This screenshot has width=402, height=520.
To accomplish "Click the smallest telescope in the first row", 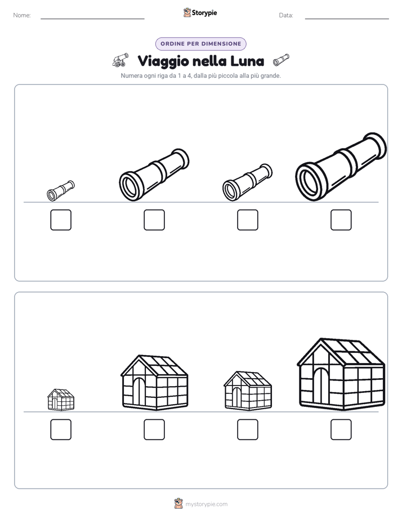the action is [x=61, y=191].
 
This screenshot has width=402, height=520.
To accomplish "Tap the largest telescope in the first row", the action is [x=341, y=167].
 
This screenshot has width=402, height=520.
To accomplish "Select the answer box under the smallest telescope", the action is [x=61, y=220].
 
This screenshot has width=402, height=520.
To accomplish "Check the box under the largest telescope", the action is [x=341, y=220].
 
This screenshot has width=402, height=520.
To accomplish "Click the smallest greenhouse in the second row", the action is [x=61, y=400].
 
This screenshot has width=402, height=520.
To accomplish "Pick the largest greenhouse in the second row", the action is [x=341, y=374].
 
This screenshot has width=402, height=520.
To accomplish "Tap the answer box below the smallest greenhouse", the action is [x=61, y=430].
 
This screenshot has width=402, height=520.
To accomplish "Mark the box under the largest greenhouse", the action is [x=341, y=430].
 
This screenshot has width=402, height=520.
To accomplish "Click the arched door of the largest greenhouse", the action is [x=321, y=386].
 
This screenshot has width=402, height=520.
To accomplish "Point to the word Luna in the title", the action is [x=247, y=61].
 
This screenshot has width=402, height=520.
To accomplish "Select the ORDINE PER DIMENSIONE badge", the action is [x=200, y=44].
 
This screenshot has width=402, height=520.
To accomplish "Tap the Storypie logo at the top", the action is [x=200, y=12].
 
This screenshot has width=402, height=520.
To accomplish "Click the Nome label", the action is [x=22, y=15].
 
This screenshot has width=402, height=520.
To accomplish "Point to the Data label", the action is [x=286, y=15].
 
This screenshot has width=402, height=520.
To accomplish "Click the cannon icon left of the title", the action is [x=120, y=60].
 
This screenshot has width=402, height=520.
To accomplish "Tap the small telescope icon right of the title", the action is [x=281, y=60].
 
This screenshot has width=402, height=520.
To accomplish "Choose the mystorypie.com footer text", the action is [x=206, y=504].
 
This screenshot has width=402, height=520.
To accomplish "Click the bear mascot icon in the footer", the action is [x=178, y=504].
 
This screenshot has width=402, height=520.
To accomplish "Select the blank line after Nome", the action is [x=92, y=19].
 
